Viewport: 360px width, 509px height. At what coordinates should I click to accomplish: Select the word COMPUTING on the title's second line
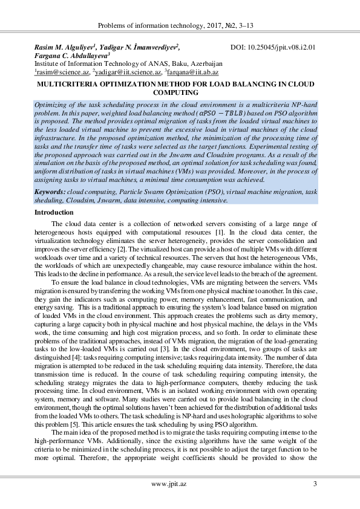180,94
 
